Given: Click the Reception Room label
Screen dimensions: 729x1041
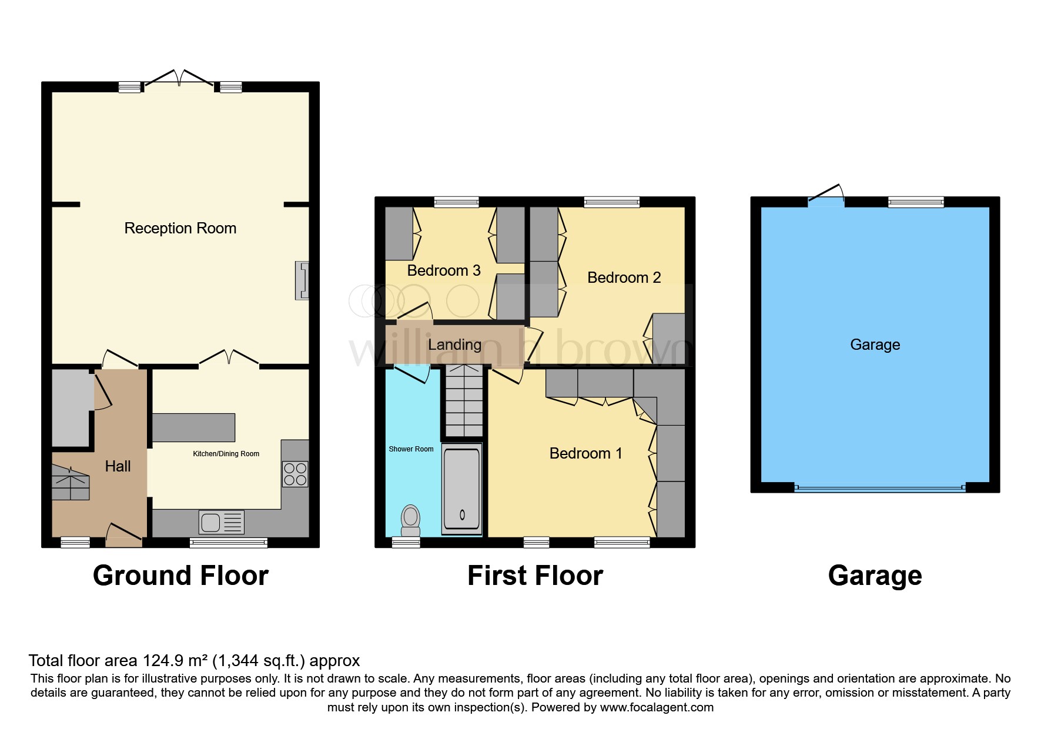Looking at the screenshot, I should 180,228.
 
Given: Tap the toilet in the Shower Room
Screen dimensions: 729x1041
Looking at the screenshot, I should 410,519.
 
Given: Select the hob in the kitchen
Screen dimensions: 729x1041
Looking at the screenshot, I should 295,474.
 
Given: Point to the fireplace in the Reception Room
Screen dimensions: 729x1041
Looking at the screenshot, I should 302,280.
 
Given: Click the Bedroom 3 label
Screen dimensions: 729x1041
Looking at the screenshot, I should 443,270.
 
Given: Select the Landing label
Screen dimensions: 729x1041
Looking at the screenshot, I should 454,345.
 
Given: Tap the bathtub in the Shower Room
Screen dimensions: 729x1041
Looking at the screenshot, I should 461,489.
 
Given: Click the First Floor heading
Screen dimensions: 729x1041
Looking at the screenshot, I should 535,576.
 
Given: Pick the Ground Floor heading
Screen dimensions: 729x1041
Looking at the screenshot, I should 180,576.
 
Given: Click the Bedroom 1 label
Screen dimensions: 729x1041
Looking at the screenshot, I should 585,453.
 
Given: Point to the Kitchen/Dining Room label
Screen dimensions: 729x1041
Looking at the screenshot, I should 226,454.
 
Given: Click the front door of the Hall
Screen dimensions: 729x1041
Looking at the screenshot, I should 123,534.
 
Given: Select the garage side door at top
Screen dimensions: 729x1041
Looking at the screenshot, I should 826,196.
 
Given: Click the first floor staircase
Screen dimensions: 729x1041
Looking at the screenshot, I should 464,401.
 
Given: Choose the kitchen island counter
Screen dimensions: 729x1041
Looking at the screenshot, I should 193,427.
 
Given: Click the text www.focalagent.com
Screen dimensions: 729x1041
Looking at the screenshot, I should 657,707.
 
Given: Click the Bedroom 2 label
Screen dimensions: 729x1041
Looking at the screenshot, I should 624,277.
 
